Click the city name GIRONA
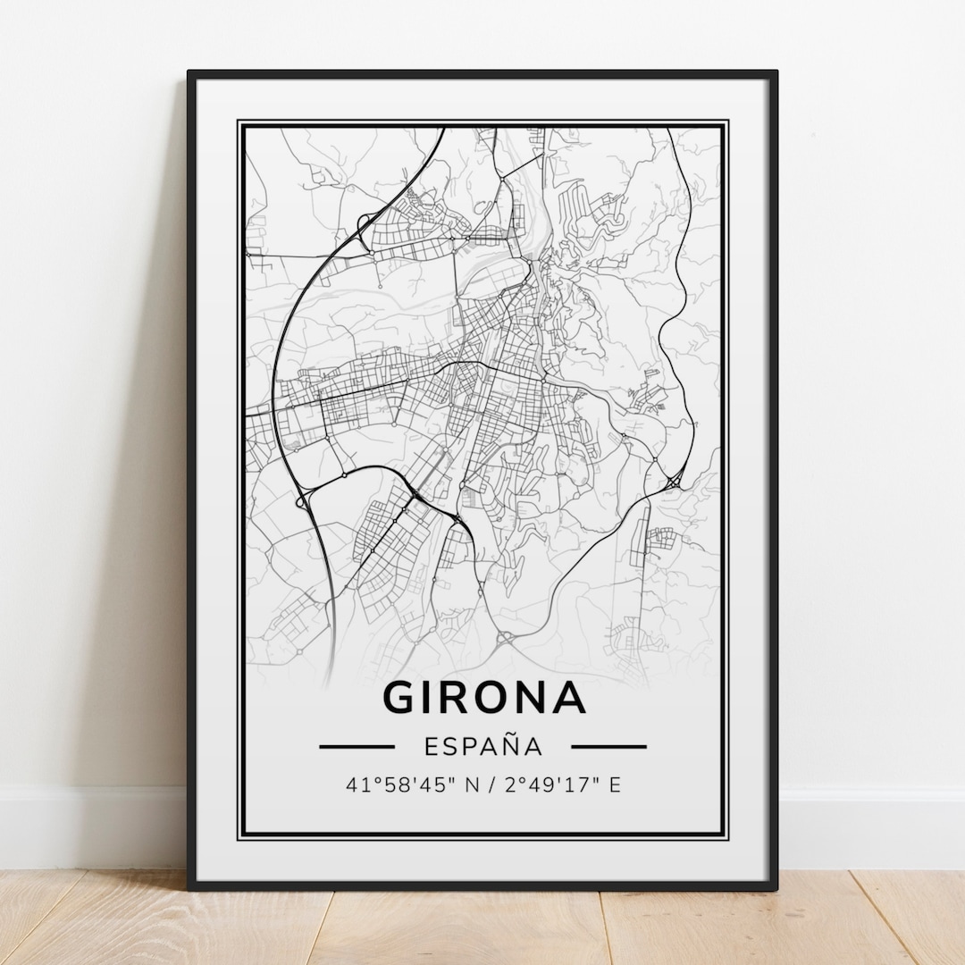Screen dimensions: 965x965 tap(484, 697)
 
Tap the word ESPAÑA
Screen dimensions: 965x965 tap(482, 746)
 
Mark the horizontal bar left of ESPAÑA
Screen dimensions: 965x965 tap(357, 746)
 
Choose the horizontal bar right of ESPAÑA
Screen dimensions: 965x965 tap(608, 746)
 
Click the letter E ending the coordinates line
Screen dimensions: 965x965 tap(615, 786)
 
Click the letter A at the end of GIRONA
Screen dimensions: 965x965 tap(569, 698)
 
